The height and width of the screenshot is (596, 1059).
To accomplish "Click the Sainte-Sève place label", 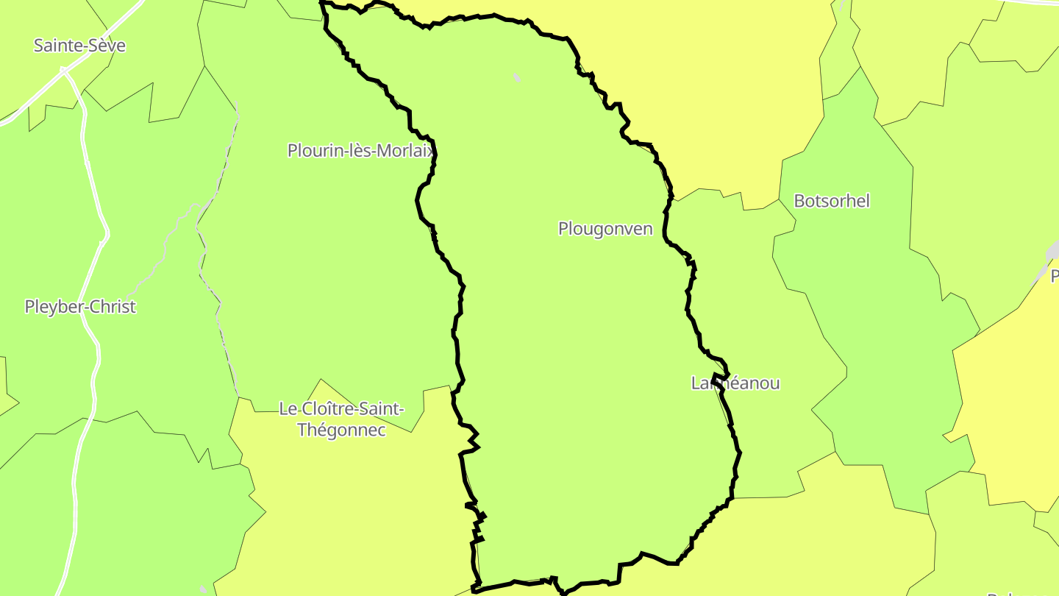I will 79,46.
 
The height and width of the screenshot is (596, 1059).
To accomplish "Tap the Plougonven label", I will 605,229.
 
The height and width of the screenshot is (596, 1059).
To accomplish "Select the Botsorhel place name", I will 832,201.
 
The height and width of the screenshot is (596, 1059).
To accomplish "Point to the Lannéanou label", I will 735,383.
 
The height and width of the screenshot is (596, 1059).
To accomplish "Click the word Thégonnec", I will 341,430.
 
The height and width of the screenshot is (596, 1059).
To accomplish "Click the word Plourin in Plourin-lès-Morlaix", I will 312,151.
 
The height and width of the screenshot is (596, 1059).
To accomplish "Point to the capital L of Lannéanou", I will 696,383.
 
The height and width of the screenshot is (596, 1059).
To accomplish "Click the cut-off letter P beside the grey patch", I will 1055,276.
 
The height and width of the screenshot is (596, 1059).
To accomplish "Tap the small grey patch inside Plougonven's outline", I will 517,77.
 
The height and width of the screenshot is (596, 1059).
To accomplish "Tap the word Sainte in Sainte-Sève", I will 59,46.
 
